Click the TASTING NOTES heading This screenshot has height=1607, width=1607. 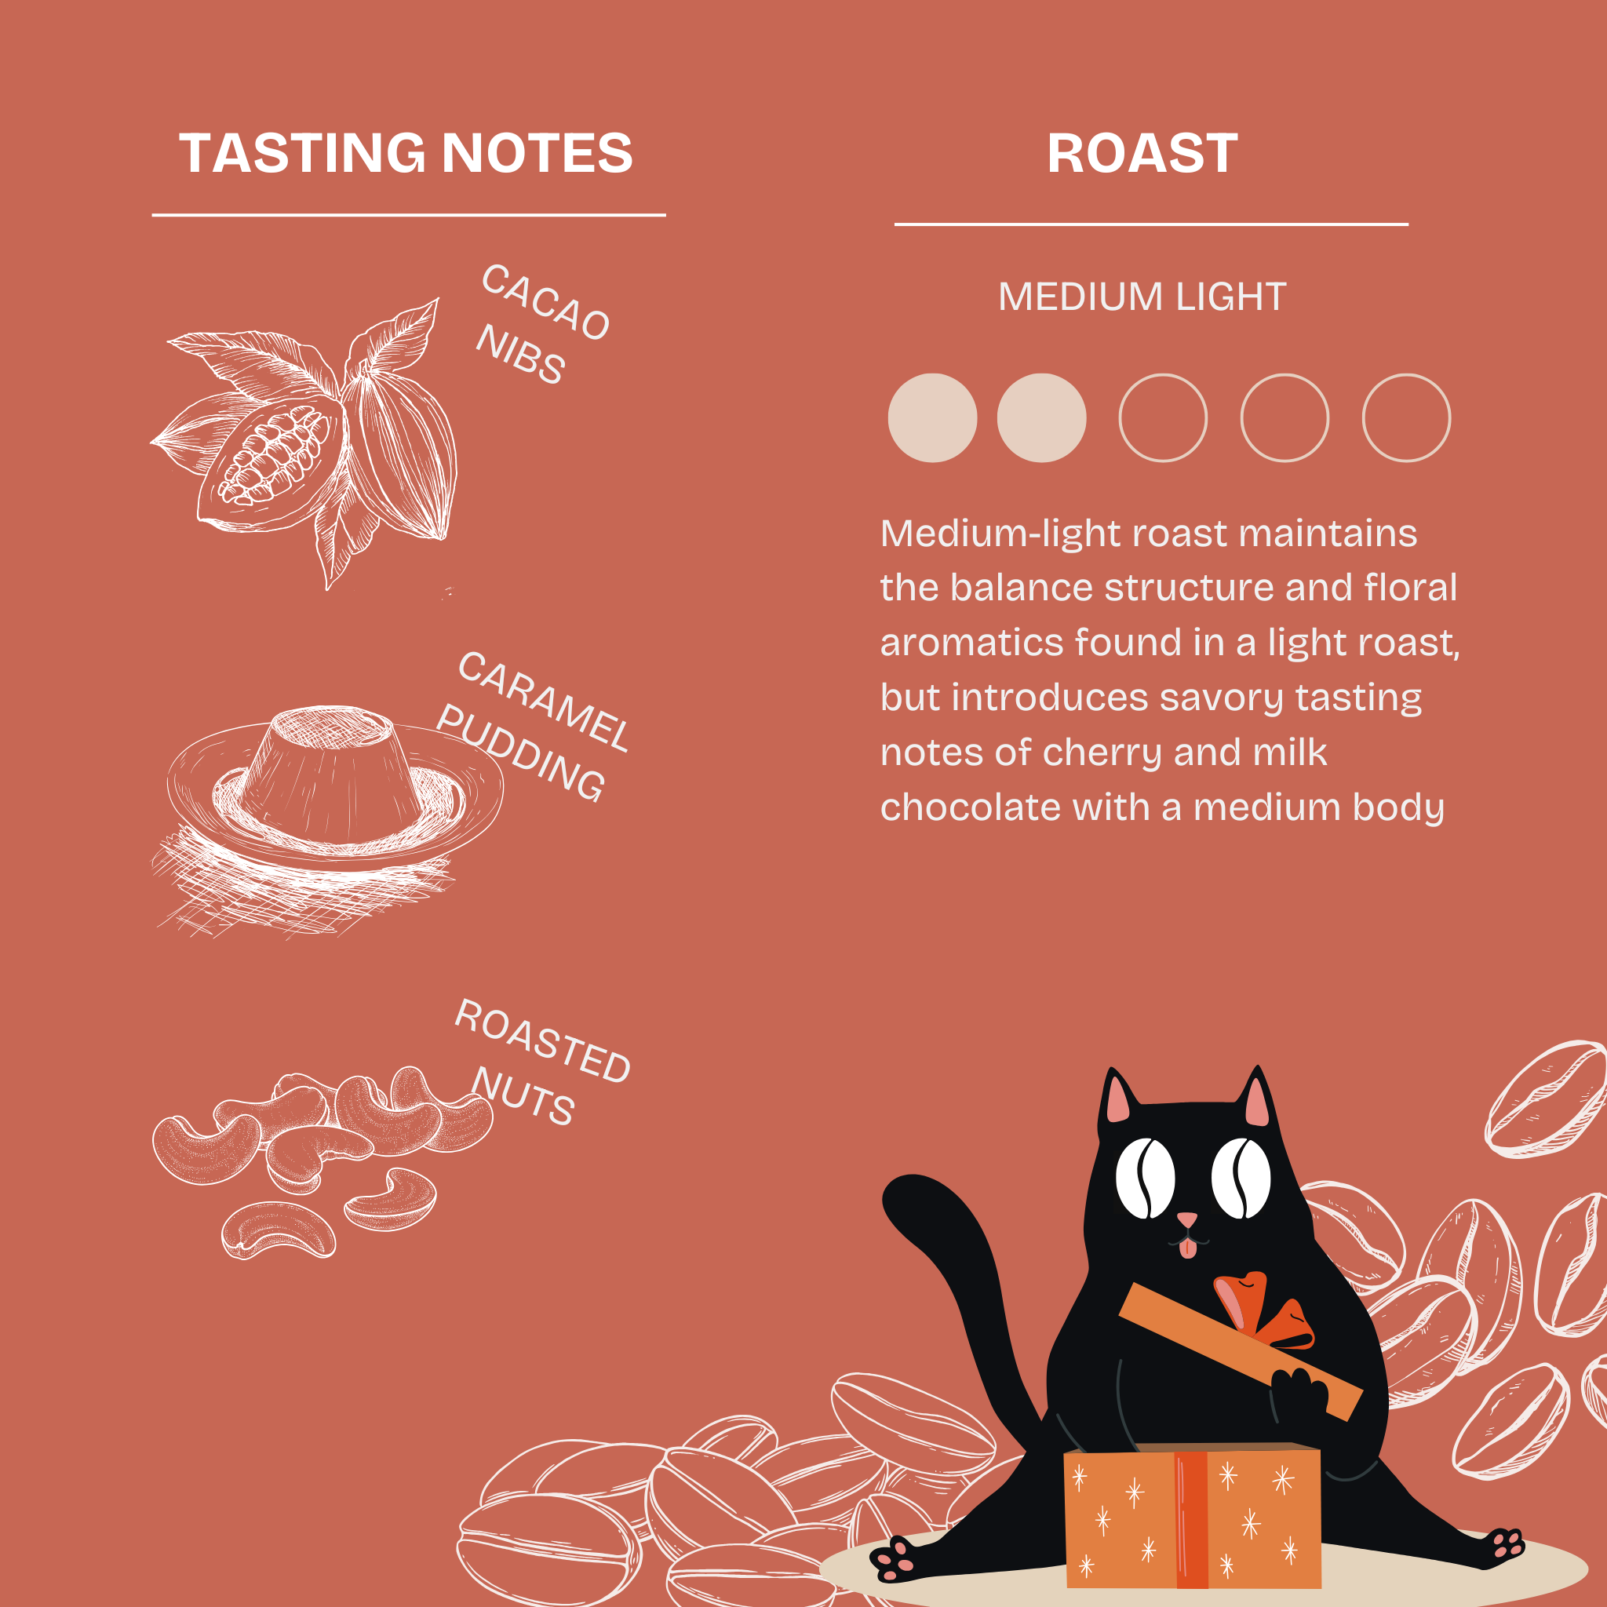406,154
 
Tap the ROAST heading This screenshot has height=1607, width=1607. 1142,154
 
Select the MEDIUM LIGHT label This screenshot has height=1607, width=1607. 1142,297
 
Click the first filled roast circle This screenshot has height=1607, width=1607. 932,417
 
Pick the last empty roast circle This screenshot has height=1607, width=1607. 1405,417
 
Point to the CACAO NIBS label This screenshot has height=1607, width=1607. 541,324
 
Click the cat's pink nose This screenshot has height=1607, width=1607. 1187,1219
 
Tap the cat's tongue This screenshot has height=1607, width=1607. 1189,1247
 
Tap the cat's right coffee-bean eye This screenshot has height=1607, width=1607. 1241,1178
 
